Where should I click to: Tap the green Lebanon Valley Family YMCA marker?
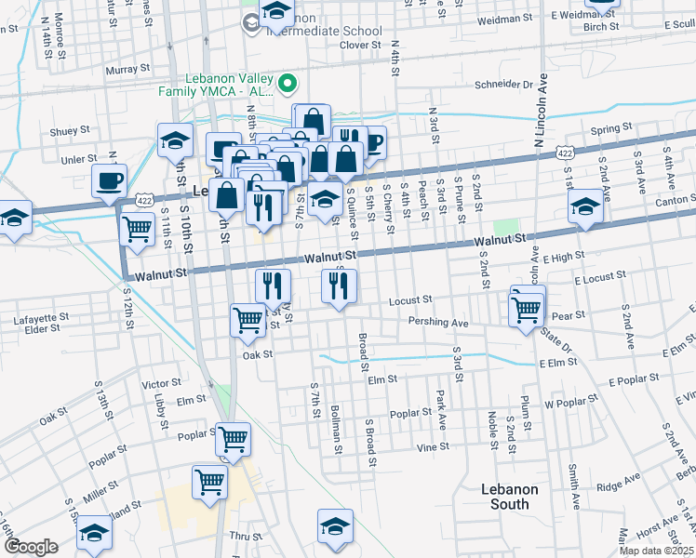(288, 84)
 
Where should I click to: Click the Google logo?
(31, 547)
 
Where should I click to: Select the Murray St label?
(128, 69)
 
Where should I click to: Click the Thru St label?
(247, 537)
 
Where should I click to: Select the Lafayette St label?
(41, 317)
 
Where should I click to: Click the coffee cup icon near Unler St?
(109, 179)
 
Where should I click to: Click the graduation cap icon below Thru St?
(335, 526)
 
